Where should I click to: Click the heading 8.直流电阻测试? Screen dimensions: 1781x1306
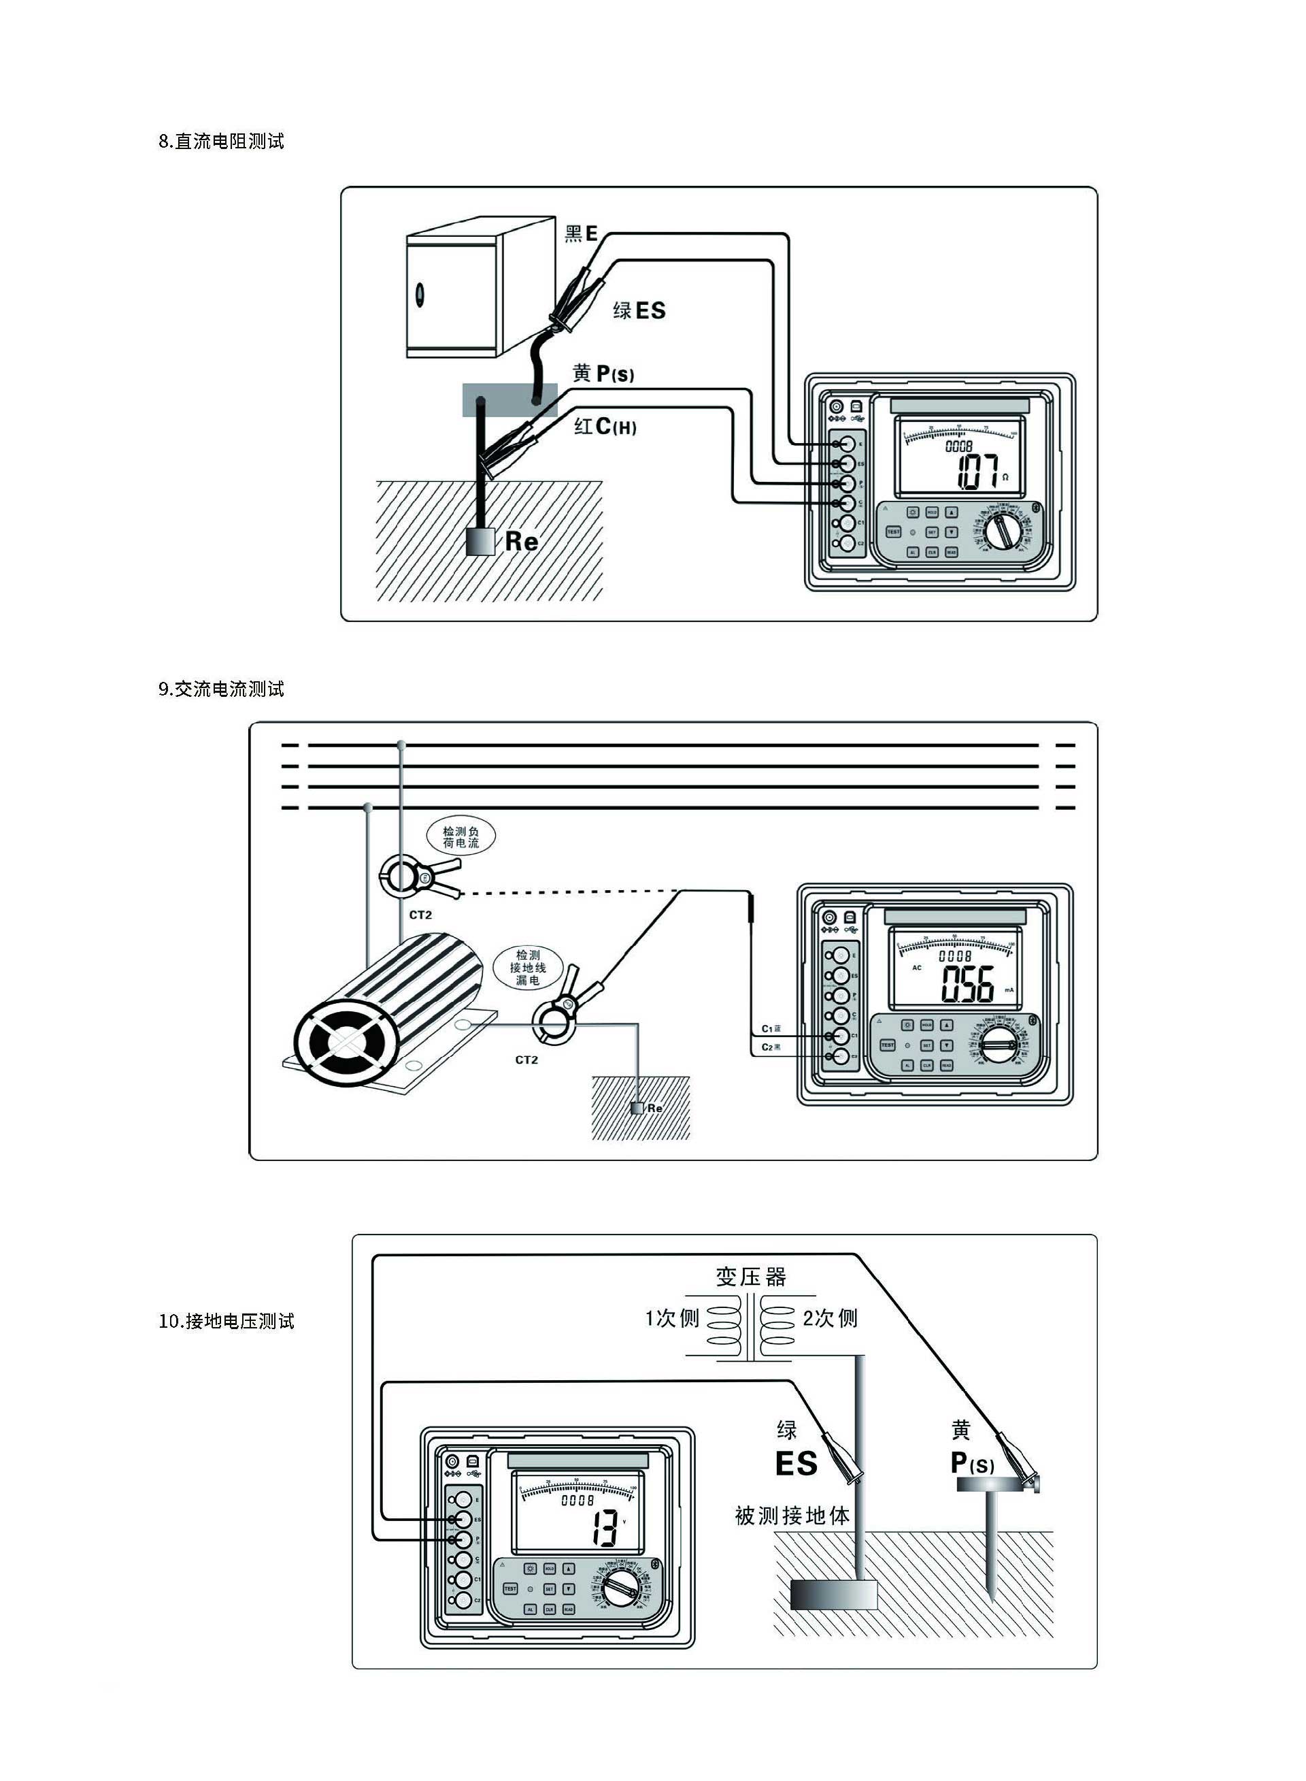point(221,142)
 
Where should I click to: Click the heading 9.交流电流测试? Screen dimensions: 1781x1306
point(221,689)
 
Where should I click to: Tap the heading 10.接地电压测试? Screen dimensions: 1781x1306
point(226,1321)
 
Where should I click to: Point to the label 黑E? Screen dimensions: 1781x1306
point(581,233)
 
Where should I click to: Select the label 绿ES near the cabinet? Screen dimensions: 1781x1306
point(639,311)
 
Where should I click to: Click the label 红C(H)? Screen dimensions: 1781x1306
point(605,427)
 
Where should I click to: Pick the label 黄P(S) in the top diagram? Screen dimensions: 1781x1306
point(603,374)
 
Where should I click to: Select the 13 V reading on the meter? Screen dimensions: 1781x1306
point(605,1528)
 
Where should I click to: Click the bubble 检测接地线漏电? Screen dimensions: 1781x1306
point(527,967)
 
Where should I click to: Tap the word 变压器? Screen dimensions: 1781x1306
point(751,1277)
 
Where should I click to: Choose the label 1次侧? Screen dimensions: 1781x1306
point(672,1318)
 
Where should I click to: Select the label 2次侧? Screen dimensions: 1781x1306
point(830,1318)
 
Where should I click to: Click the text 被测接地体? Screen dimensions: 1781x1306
point(792,1516)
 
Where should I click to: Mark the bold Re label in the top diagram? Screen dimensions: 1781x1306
point(521,542)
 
